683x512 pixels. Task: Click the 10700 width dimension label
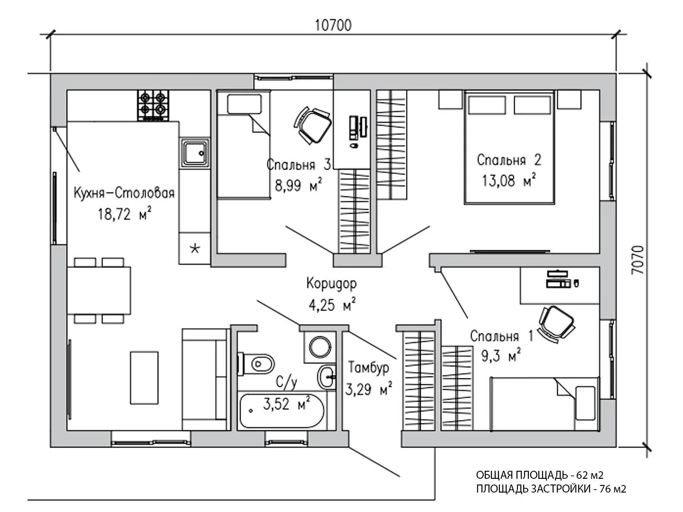333,25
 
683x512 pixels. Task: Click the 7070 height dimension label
637,260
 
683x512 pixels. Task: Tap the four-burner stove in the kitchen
153,105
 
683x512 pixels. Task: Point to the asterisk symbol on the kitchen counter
195,248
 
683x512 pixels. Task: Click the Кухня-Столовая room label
124,193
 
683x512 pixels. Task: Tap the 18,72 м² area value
125,213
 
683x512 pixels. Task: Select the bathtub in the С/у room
282,411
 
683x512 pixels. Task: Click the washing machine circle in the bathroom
320,347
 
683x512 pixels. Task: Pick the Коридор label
332,283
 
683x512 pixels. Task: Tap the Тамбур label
369,367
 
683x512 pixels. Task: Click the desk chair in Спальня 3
312,126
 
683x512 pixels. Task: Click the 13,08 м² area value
509,180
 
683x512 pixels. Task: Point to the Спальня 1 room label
502,337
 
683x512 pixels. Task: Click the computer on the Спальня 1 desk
563,279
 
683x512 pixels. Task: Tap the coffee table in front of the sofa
144,378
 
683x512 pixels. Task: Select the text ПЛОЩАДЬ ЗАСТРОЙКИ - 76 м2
551,489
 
